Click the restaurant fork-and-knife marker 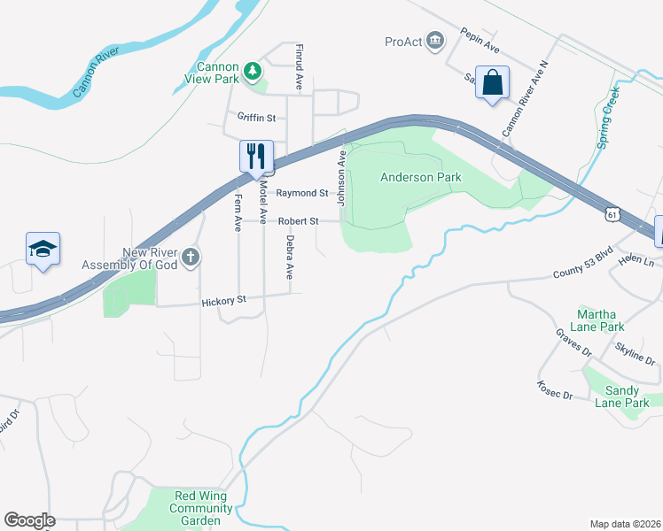click(256, 157)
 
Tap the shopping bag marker click(492, 83)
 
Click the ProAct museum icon click(434, 42)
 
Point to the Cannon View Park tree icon click(253, 68)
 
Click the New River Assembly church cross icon click(191, 258)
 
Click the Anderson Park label click(421, 177)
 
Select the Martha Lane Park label click(601, 319)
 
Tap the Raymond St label click(301, 193)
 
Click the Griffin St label click(256, 117)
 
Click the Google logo click(29, 520)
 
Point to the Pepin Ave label click(481, 40)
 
